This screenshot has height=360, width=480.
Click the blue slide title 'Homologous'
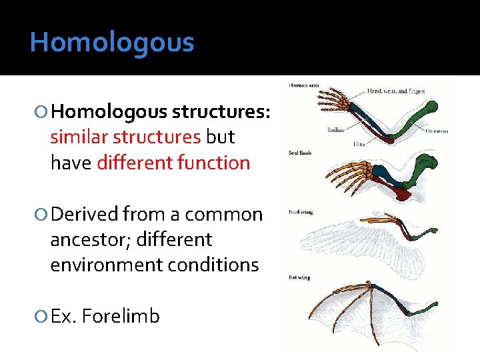click(112, 43)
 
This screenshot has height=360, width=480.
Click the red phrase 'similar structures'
click(125, 137)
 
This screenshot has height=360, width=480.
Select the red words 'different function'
click(173, 162)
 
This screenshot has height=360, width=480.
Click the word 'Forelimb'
click(122, 315)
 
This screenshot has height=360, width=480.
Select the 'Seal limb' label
click(300, 153)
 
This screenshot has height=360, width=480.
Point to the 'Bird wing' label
click(300, 212)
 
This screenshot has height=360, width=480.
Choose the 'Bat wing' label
click(299, 277)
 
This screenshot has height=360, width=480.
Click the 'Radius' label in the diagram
click(335, 130)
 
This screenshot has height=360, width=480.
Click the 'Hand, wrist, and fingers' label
click(395, 90)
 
